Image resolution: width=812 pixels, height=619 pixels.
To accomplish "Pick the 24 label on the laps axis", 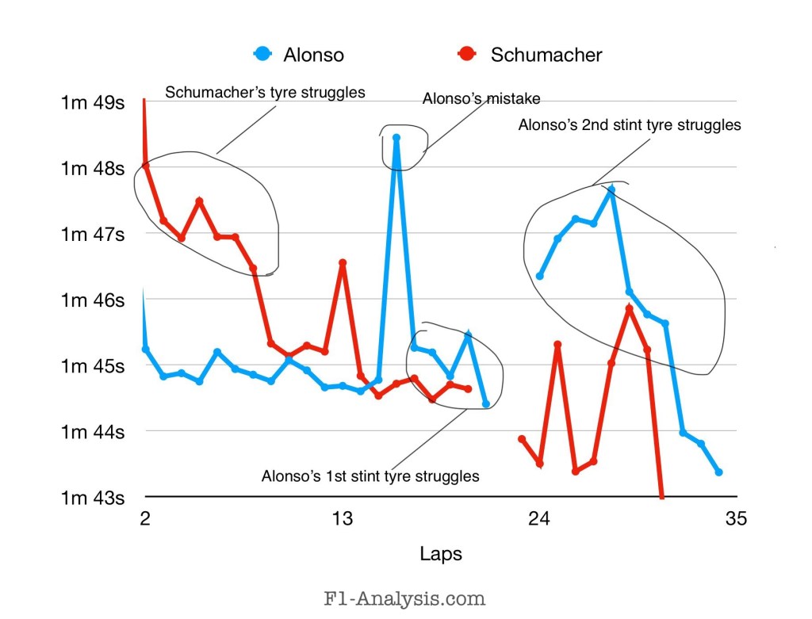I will tap(539, 519).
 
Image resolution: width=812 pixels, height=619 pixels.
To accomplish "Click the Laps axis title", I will tap(440, 553).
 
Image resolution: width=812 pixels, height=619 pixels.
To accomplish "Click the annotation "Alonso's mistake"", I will tap(481, 99).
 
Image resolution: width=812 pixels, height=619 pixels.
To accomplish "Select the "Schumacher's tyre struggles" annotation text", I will tap(265, 92).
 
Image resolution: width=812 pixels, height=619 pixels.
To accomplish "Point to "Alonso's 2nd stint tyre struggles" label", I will tap(630, 124).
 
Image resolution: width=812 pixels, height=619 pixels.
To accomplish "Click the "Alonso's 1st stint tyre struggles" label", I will tap(370, 476).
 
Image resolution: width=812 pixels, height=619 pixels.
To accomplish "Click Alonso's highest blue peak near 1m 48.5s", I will tap(396, 138).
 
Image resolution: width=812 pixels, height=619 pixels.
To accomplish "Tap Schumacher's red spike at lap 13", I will tap(343, 263).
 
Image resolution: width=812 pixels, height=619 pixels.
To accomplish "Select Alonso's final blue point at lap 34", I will tap(718, 472).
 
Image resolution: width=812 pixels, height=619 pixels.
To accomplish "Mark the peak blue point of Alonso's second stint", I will tap(611, 189).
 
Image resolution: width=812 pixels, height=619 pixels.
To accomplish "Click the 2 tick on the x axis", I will tap(144, 519).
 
